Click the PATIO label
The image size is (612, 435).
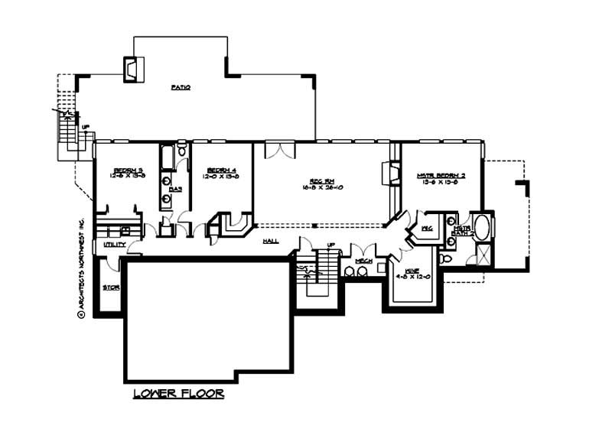click(x=181, y=87)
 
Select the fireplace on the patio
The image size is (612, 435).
click(x=131, y=68)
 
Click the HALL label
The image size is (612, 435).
click(x=271, y=240)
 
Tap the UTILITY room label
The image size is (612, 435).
click(x=114, y=245)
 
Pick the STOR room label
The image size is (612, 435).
click(x=111, y=288)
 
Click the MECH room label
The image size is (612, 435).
click(x=363, y=261)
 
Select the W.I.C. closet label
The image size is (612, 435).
click(x=427, y=229)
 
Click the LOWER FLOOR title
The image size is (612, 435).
click(x=178, y=394)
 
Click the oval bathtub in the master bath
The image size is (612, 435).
click(x=483, y=226)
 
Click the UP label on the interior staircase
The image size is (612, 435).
click(x=330, y=246)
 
